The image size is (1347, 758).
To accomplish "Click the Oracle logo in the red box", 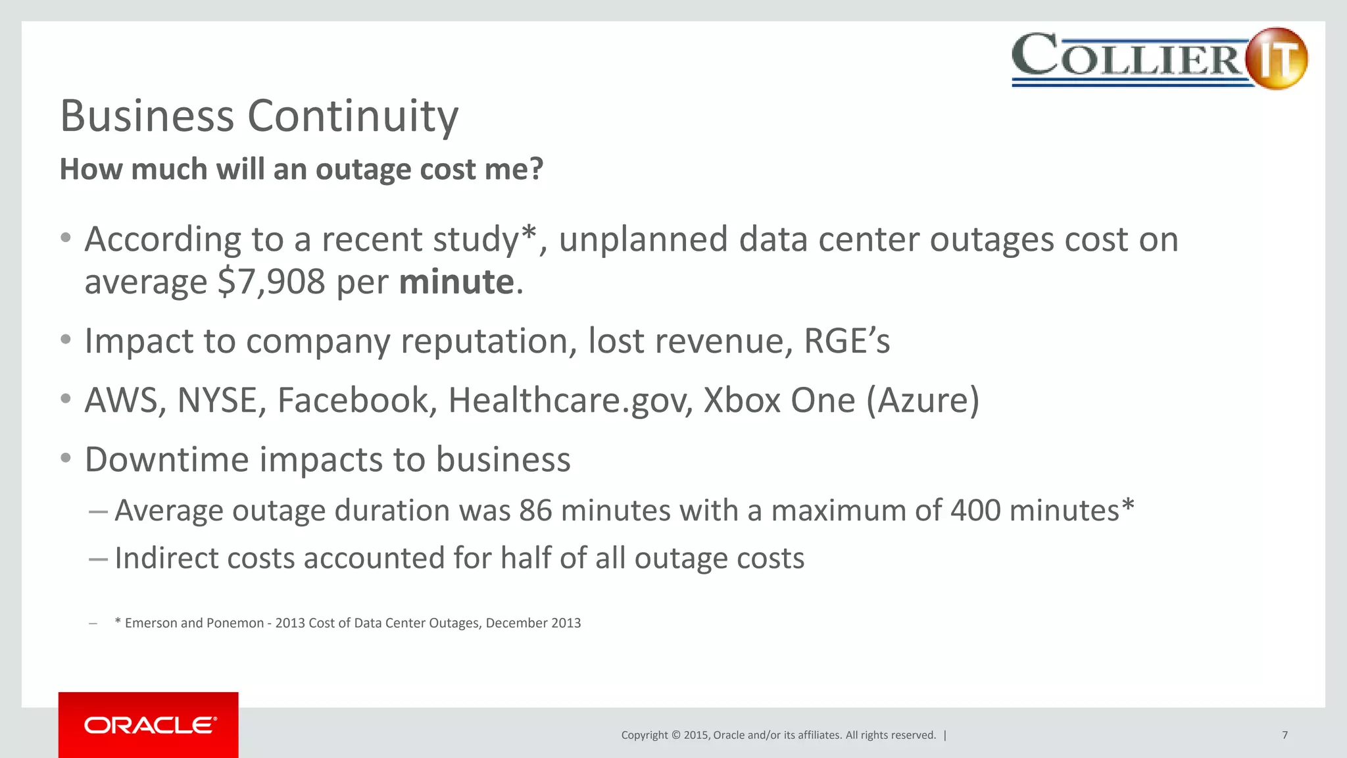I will (149, 725).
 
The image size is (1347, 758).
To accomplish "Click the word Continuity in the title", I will (353, 116).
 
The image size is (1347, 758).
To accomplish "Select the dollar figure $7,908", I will (272, 282).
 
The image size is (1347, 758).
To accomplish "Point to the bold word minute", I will (456, 282).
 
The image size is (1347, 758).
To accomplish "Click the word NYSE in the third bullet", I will (216, 400).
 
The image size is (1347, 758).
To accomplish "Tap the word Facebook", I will (353, 400).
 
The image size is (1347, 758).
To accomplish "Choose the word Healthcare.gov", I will (566, 400).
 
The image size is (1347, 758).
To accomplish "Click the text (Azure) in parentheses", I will (923, 400).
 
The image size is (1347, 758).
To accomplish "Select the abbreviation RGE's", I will (846, 341).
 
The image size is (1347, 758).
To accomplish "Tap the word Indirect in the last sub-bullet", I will (166, 558).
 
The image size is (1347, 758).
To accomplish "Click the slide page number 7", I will (1285, 735).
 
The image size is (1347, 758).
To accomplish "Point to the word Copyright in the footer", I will (645, 735).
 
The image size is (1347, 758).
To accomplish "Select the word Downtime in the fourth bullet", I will (166, 459).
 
